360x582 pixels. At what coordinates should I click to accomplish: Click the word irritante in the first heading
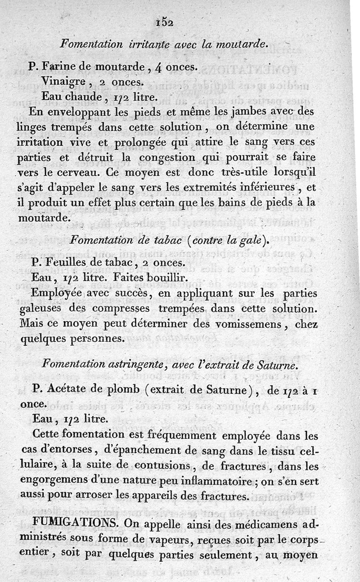[x=148, y=44]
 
